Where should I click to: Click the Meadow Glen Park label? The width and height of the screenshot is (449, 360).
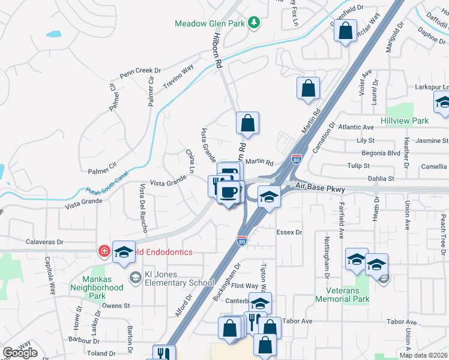[x=211, y=23]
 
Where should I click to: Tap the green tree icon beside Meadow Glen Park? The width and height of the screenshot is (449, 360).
[x=255, y=23]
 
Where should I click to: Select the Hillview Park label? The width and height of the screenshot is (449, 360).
[x=405, y=121]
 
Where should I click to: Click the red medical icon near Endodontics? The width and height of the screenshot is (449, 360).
[x=104, y=251]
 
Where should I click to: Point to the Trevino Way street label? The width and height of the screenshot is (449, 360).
[x=178, y=76]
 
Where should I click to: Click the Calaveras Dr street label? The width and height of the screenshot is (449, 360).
[x=44, y=242]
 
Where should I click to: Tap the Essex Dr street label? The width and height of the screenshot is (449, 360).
[x=288, y=232]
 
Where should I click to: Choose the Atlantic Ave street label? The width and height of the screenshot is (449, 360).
[x=356, y=127]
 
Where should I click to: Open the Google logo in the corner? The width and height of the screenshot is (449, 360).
[x=20, y=353]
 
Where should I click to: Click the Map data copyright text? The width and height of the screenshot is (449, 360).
[x=423, y=355]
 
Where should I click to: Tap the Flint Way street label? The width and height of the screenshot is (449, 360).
[x=244, y=286]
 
